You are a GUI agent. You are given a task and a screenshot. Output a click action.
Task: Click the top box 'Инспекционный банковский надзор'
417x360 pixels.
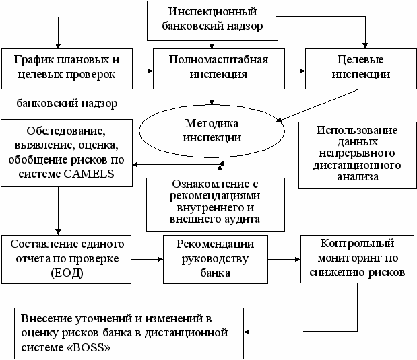click(213, 20)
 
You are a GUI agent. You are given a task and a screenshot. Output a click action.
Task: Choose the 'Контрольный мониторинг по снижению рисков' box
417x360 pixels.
click(356, 258)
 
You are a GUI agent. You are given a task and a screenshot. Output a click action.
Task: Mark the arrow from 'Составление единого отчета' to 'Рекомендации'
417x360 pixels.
click(146, 258)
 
